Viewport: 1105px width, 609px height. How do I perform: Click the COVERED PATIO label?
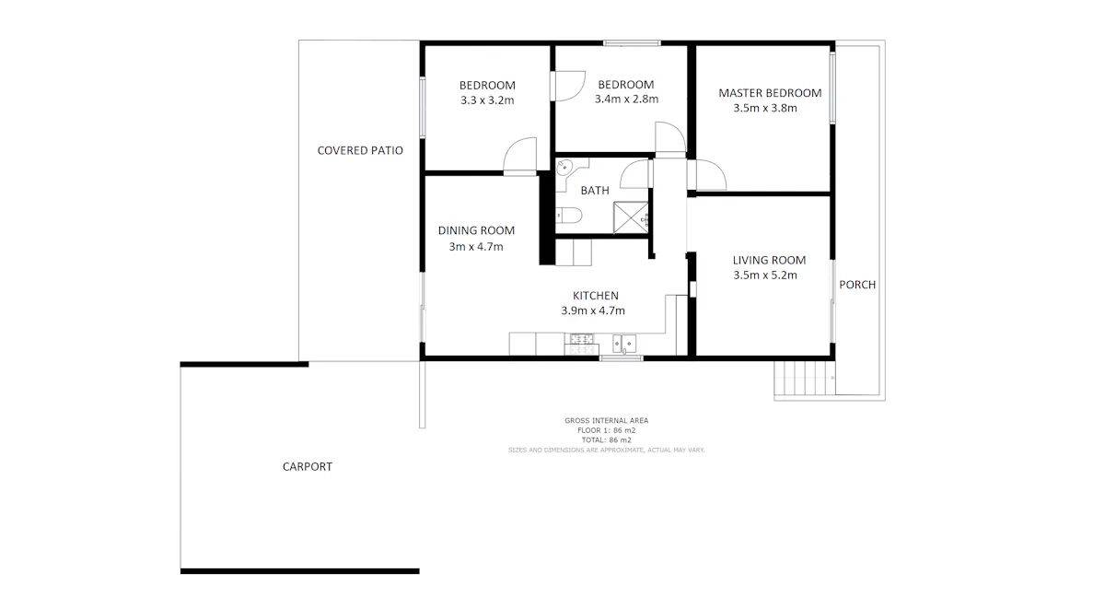360,150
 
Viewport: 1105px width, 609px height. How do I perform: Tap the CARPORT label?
308,466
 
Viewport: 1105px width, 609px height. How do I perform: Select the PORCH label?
857,285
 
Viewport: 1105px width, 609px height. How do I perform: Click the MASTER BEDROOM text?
770,93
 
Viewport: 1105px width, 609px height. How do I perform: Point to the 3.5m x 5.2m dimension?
765,275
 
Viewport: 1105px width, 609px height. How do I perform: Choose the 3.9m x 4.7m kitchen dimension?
593,310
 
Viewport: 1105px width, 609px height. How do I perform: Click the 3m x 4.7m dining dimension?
476,247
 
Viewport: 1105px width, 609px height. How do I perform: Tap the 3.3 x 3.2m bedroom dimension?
487,100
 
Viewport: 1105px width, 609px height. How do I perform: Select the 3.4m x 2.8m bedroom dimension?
626,100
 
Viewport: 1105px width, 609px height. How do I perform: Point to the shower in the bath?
631,217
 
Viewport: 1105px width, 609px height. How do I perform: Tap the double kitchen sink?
624,344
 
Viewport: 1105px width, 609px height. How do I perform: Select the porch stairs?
805,378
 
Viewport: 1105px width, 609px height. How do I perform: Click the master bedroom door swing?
707,175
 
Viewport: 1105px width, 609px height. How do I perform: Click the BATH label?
595,191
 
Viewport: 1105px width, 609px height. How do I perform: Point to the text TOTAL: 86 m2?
606,440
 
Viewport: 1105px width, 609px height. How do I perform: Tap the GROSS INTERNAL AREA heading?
606,420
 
